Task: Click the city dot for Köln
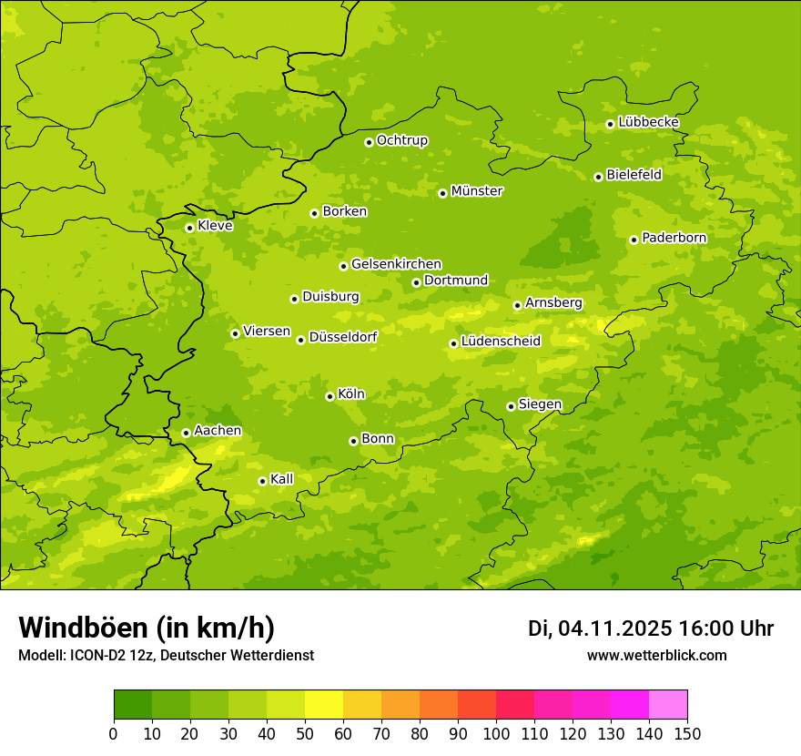(x=330, y=396)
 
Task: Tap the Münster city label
(x=477, y=191)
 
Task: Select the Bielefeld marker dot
(x=598, y=177)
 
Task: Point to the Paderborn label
(x=674, y=238)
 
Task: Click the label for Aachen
(x=218, y=431)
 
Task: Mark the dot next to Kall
(x=262, y=481)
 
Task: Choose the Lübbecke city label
(x=648, y=122)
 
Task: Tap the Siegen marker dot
(x=511, y=406)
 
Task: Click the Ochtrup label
(x=401, y=140)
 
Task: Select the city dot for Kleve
(x=189, y=228)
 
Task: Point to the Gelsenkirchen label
(x=396, y=264)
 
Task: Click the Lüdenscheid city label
(x=501, y=342)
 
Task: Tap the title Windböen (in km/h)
(x=146, y=628)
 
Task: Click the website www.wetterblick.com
(x=656, y=655)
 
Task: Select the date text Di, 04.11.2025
(x=600, y=628)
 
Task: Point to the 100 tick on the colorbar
(x=496, y=733)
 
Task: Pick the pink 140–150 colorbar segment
(x=668, y=705)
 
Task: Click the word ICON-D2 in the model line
(x=95, y=655)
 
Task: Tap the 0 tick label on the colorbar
(x=114, y=733)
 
